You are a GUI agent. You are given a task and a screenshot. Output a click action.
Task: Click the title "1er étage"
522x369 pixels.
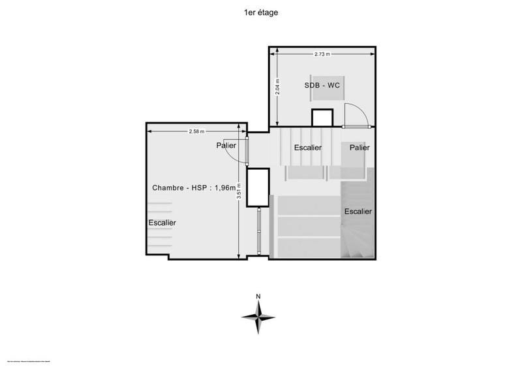pos(260,12)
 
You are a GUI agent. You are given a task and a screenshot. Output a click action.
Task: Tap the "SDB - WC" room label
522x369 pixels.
pos(322,86)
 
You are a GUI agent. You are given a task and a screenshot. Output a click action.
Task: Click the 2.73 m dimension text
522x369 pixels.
pos(322,54)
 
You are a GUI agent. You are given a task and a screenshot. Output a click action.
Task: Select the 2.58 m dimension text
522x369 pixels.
pos(196,131)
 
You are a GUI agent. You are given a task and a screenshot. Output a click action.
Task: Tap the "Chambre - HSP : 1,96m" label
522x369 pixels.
pos(194,187)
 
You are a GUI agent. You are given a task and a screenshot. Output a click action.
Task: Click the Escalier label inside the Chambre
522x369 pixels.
pos(162,223)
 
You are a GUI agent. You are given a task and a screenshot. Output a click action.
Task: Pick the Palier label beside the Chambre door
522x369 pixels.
pos(226,146)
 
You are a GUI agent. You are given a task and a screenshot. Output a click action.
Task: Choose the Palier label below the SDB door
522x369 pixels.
pos(359,148)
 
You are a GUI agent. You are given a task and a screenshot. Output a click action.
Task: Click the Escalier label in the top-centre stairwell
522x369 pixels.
pos(307,148)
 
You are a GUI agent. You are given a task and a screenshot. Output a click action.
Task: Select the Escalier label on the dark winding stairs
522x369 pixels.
pos(358,211)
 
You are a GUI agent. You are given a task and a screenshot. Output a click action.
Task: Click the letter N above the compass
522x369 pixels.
pos(258,297)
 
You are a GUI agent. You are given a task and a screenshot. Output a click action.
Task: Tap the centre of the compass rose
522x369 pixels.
pos(259,317)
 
